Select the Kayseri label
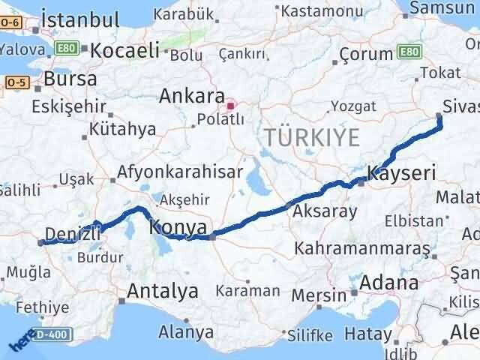401,175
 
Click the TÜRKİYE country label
311,137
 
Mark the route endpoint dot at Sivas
439,115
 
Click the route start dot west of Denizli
40,242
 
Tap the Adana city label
388,283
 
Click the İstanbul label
80,20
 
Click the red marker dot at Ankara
232,105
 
